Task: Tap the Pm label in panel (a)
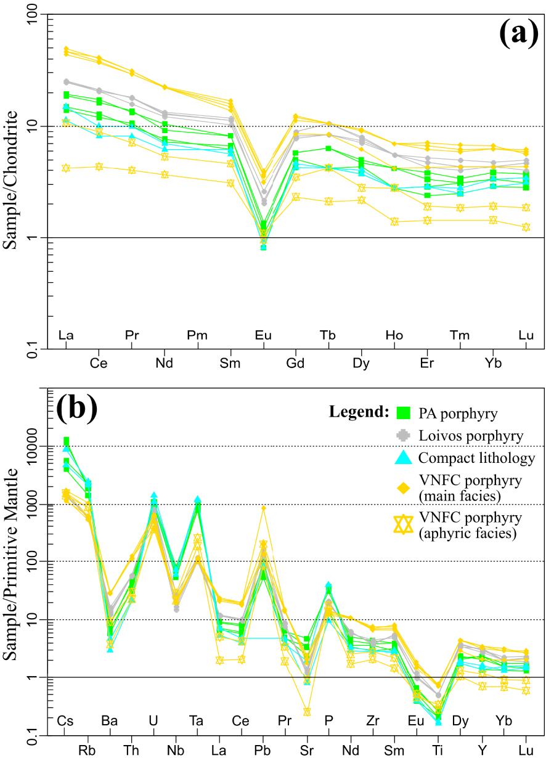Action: [197, 335]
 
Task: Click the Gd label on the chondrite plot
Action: [296, 363]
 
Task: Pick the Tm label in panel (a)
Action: [460, 335]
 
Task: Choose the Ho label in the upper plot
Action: [394, 335]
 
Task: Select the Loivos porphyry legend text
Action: [471, 436]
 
